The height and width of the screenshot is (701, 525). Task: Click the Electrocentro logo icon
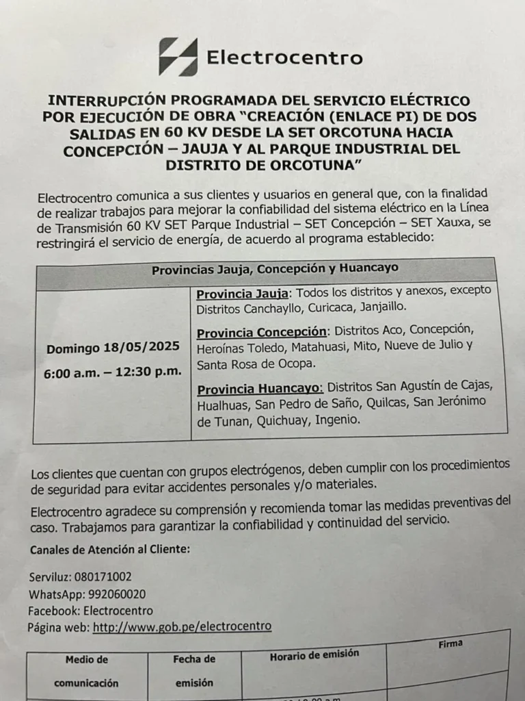click(x=178, y=57)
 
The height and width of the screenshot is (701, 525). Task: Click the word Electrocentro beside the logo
click(x=284, y=58)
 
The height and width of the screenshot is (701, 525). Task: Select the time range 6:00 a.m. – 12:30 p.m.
click(x=113, y=372)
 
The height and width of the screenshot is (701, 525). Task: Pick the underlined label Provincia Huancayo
click(x=260, y=389)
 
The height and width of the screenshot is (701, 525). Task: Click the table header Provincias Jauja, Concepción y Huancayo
click(x=275, y=269)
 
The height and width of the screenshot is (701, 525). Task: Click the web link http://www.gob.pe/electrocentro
click(x=182, y=626)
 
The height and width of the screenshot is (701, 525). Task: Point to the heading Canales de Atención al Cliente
click(x=109, y=549)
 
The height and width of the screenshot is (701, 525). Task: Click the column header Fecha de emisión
click(x=194, y=671)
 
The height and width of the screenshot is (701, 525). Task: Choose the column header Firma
click(x=450, y=644)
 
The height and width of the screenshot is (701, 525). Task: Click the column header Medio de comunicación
click(x=87, y=672)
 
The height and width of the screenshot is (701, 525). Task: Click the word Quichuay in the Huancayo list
click(x=282, y=420)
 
